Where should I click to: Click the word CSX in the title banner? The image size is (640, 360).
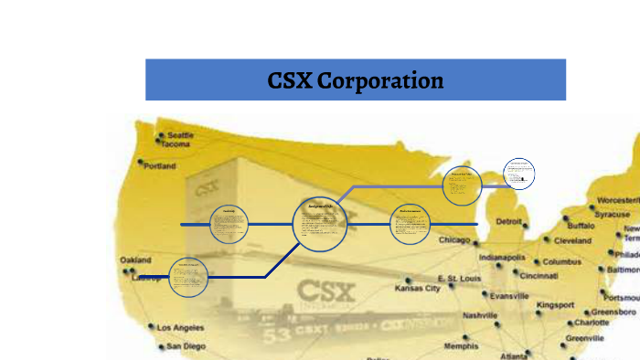point(289,80)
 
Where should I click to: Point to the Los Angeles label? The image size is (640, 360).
point(181,327)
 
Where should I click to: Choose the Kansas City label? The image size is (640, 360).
point(417,288)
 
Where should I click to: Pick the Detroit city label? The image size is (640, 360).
point(509,222)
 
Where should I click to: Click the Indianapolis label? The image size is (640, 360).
point(502,258)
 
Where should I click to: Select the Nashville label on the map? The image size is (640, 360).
point(480,315)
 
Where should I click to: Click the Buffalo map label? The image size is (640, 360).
point(581,225)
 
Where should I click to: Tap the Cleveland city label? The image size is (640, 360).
point(572,241)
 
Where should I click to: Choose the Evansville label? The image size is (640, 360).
point(509,296)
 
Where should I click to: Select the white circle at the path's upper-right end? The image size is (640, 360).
point(518,173)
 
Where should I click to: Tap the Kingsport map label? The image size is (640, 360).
point(556,304)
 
